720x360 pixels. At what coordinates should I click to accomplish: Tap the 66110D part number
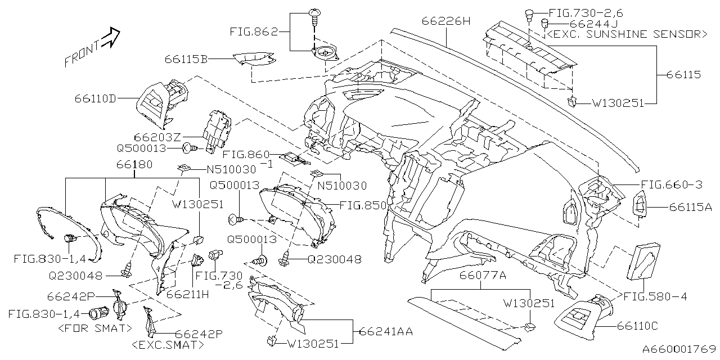coord(95,99)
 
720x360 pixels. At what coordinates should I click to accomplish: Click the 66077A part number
coord(483,275)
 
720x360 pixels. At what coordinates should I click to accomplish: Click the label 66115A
coord(690,207)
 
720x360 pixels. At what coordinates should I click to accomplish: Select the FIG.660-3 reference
coord(672,184)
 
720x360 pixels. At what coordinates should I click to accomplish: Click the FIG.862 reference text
coord(254,32)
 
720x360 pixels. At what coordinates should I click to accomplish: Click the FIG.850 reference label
coord(363,205)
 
